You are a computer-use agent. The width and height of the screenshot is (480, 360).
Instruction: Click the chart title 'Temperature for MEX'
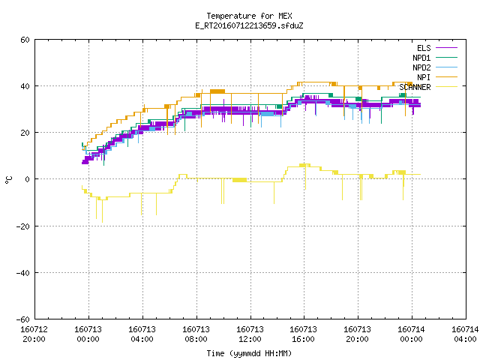tap(249, 16)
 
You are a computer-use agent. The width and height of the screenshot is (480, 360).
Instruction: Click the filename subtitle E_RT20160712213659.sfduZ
tap(249, 25)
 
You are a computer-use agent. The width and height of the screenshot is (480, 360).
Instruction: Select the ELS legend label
tap(424, 48)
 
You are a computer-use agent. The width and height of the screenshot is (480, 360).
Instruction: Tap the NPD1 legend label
tap(421, 58)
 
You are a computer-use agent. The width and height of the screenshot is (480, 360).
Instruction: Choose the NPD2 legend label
tap(421, 67)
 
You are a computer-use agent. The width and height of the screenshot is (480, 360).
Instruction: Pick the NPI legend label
tap(424, 77)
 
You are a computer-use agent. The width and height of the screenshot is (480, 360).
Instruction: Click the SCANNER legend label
tap(415, 87)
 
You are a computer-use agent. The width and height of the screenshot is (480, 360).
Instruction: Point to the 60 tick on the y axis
tap(25, 40)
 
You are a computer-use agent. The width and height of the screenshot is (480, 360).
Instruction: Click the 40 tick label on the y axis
tap(25, 86)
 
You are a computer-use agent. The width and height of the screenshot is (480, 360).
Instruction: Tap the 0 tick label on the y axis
tap(28, 179)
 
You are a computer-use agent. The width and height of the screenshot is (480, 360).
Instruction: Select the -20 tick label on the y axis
tap(23, 226)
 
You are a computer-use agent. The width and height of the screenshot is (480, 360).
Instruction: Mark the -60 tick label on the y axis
tap(23, 319)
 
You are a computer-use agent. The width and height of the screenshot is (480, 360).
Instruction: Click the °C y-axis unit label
tap(8, 180)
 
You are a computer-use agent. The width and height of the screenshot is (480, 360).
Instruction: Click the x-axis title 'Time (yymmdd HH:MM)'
tap(249, 353)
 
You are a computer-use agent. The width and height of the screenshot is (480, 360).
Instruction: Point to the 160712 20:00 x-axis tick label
tap(34, 334)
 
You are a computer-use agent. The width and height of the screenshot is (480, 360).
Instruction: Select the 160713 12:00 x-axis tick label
tap(250, 334)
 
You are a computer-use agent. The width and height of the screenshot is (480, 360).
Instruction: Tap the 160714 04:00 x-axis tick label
tap(465, 334)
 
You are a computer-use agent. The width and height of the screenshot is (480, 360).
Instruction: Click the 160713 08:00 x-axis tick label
tap(196, 334)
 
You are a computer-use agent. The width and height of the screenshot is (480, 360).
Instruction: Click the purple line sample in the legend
tap(446, 48)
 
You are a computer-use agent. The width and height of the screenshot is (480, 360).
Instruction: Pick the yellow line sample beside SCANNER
tap(446, 87)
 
